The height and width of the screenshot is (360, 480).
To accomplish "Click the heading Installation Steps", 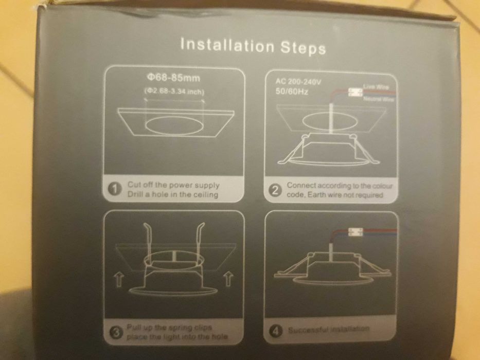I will coord(253,46).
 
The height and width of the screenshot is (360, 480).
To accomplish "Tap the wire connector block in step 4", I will coord(354,232).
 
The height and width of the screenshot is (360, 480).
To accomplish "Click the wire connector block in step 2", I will coord(354,93).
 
